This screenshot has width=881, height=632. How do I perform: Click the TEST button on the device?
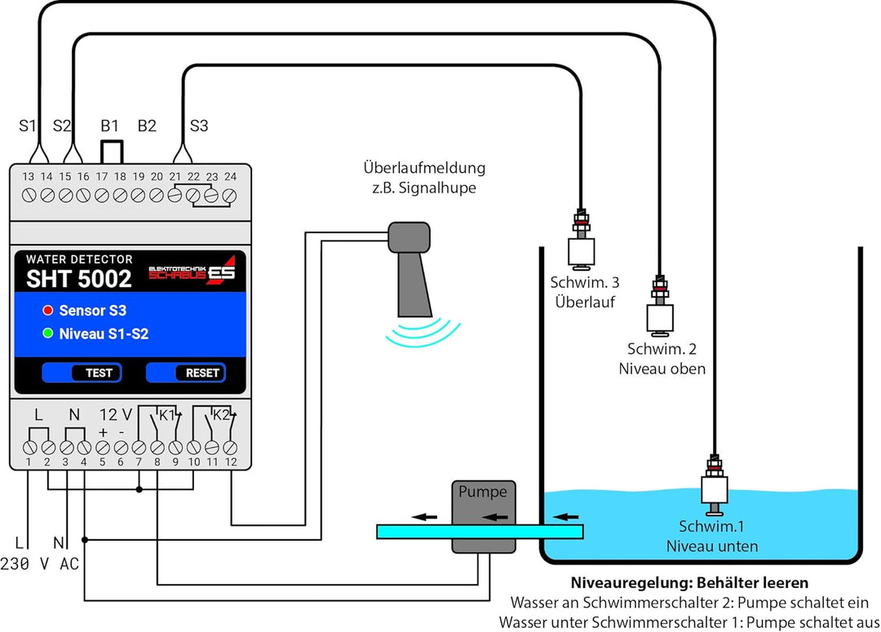pyautogui.click(x=82, y=373)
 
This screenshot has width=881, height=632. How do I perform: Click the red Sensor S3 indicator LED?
pyautogui.click(x=48, y=310)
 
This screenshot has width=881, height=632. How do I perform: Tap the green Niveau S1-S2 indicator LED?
pyautogui.click(x=48, y=334)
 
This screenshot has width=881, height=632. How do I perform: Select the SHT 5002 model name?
pyautogui.click(x=78, y=279)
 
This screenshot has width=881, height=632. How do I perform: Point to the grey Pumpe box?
pyautogui.click(x=484, y=516)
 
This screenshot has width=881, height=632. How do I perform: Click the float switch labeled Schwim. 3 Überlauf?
pyautogui.click(x=582, y=239)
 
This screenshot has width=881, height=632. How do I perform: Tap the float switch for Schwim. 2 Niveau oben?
pyautogui.click(x=660, y=306)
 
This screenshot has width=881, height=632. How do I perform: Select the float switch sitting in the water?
pyautogui.click(x=714, y=485)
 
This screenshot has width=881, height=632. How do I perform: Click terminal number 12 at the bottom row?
pyautogui.click(x=230, y=448)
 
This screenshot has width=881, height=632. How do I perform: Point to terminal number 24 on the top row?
pyautogui.click(x=229, y=196)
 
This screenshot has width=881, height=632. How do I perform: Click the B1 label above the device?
pyautogui.click(x=109, y=126)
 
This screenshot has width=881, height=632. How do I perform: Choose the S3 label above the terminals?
pyautogui.click(x=199, y=126)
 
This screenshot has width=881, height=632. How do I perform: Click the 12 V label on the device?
pyautogui.click(x=115, y=414)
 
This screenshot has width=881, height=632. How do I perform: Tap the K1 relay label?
pyautogui.click(x=167, y=416)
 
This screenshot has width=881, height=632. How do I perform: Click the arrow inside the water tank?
pyautogui.click(x=566, y=516)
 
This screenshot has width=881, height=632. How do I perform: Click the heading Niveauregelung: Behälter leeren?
pyautogui.click(x=689, y=582)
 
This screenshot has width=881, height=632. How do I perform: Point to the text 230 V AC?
pyautogui.click(x=39, y=563)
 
